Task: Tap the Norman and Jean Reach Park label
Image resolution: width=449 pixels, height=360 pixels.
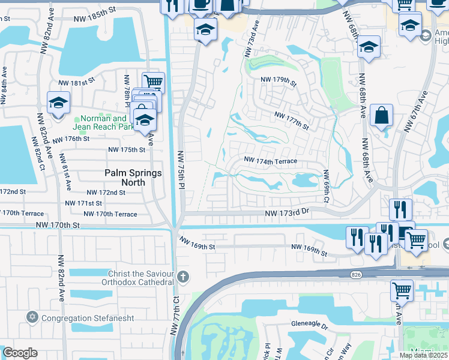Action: coord(103,122)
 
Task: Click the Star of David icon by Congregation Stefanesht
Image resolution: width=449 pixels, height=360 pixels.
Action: coord(32,316)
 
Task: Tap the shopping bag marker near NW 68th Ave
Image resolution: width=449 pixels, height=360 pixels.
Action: coord(381,114)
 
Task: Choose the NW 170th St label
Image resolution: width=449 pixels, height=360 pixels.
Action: coord(58,225)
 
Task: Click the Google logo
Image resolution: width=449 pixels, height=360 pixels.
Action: coord(20,352)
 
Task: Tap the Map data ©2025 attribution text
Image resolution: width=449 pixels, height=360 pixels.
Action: coord(423,355)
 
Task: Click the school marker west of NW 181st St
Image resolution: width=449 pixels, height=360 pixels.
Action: coord(58,103)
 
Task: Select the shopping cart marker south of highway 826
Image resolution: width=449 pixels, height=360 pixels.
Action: coord(402,292)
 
